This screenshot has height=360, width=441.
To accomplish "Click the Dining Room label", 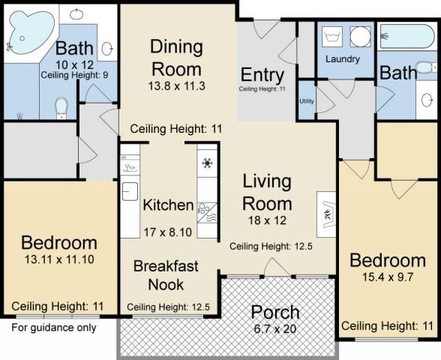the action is pos(177,58).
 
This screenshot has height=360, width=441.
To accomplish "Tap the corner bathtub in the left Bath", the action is pos(31,31).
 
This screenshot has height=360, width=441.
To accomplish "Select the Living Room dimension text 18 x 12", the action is pos(267,220).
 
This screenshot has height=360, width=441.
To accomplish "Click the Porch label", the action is pos(275,312).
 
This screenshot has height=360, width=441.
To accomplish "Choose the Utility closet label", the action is pos(307,101).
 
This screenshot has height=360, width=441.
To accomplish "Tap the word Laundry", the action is pos(343,59).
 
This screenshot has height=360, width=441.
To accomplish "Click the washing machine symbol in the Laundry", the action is pos(332,37).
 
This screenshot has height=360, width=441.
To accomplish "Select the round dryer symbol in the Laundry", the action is pos(360,37).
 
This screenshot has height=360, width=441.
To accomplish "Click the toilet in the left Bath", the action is pos(61,108).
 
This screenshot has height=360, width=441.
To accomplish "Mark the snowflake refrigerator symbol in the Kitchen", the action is pos(207,163).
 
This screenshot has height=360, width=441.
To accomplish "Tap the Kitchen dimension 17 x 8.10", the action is pos(168,232).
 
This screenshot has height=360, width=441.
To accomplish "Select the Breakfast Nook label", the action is pos(166,275).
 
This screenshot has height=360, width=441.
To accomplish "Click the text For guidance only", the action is pos(54,328).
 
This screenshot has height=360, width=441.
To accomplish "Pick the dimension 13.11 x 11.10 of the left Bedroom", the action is pos(59,259).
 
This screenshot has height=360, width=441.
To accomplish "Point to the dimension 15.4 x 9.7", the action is pos(387,277).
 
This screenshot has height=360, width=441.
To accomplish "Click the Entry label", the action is pos(262,75).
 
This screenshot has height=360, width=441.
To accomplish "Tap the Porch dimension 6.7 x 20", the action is pos(275,328).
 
